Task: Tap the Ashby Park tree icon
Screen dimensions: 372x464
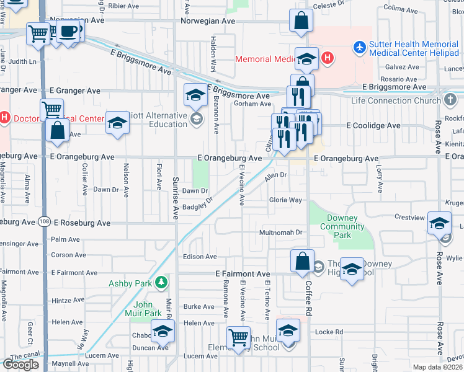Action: (162, 283)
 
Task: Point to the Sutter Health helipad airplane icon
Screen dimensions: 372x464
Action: (359, 47)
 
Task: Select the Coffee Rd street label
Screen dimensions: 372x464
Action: (308, 294)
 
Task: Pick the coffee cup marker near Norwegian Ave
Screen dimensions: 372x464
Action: (69, 32)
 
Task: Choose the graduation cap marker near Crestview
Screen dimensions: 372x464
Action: (439, 224)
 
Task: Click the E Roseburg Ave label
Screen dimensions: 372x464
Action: (81, 223)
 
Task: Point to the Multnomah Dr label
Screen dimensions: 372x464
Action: (280, 233)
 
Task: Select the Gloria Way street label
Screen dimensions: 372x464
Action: (285, 200)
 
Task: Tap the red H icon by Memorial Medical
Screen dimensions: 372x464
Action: (327, 59)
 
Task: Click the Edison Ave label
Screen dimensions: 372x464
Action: (199, 256)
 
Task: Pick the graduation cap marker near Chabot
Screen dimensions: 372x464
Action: (163, 331)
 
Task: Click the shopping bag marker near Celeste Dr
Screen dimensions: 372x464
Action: (301, 20)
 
